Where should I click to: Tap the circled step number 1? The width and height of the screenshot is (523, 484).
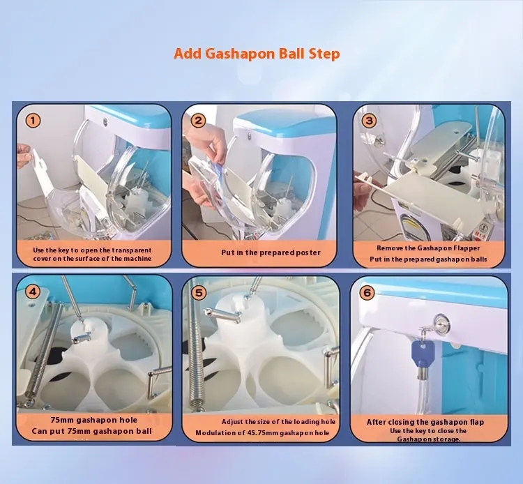tap(33, 121)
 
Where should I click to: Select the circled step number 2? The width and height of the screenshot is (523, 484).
tap(198, 121)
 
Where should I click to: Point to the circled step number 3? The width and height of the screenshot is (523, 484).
tap(369, 121)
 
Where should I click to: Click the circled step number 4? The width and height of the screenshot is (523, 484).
tap(33, 292)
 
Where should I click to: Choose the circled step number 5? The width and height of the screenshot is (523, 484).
tap(199, 293)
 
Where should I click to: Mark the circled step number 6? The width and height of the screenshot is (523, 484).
tap(367, 292)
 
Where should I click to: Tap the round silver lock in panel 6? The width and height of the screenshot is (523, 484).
tap(442, 323)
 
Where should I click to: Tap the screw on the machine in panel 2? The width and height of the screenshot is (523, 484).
tap(249, 136)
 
